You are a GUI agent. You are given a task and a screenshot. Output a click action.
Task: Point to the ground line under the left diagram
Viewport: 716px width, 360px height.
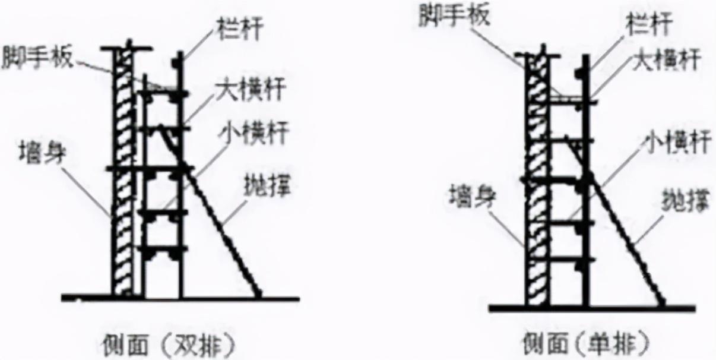178,296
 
